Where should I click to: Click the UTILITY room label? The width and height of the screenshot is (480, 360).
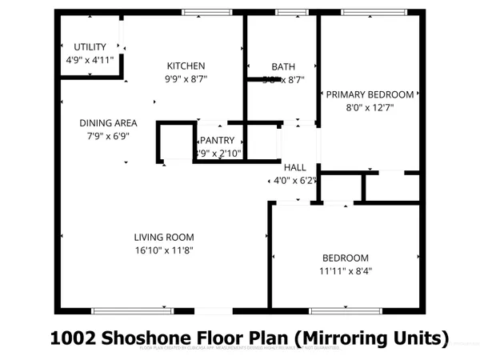pos(90,47)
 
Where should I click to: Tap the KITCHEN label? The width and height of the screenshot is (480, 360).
pos(186,66)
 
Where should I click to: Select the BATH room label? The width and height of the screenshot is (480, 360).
pos(283,66)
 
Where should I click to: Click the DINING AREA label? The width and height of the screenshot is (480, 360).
pos(108,123)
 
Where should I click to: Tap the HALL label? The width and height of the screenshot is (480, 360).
pos(294,167)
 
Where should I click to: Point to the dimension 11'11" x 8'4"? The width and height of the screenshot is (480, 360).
pos(346,270)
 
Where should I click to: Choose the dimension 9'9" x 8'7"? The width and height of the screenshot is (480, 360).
pos(186,79)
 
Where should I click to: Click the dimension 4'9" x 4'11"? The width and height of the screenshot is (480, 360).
pos(90,60)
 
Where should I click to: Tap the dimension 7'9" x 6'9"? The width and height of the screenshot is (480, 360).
pos(108,136)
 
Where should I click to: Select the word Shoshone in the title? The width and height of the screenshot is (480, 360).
pos(150,338)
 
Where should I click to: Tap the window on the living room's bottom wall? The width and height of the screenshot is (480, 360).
pos(133,310)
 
